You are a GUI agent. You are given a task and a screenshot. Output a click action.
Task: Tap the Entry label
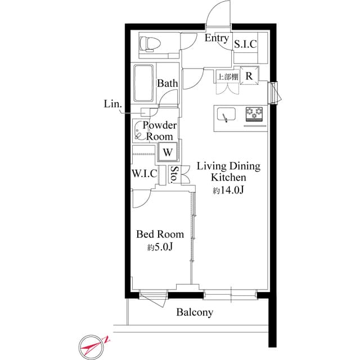click(x=217, y=38)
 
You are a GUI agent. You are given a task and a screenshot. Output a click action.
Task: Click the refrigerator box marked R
click(x=249, y=77)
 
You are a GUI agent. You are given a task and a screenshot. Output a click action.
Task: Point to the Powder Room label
click(x=160, y=130)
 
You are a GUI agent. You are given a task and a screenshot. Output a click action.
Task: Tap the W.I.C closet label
click(x=145, y=173)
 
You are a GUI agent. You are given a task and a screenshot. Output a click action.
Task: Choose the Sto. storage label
click(x=175, y=175)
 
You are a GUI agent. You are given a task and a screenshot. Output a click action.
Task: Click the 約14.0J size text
click(x=228, y=191)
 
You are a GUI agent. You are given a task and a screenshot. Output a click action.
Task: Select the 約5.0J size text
click(x=159, y=247)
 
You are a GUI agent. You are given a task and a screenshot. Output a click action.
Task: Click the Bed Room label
click(x=160, y=234)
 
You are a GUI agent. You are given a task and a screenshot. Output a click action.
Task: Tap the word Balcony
click(x=195, y=312)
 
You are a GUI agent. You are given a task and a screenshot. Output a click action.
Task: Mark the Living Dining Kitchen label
click(x=228, y=172)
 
